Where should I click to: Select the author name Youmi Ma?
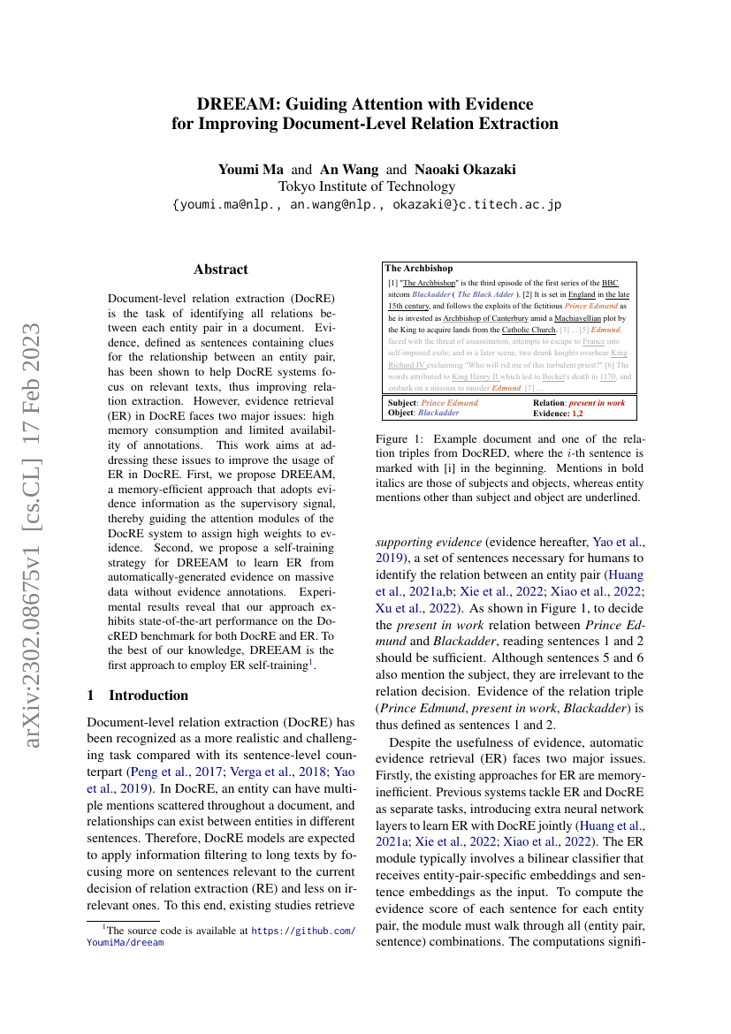[252, 169]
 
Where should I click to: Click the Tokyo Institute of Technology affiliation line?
[367, 186]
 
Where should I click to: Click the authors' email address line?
[367, 204]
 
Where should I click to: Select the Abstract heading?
[221, 270]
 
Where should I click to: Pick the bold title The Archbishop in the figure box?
[419, 268]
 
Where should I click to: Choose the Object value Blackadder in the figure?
[438, 413]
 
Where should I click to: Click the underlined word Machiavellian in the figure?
[567, 316]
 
